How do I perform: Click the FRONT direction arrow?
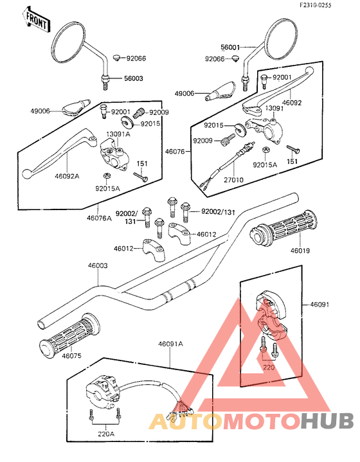point(36,20)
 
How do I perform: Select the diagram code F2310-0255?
point(316,5)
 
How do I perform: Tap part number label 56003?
point(133,78)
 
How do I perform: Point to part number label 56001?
point(230,47)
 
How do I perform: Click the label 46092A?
point(67,176)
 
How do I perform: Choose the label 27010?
point(233,179)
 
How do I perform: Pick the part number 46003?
point(98,265)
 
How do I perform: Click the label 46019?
point(300,251)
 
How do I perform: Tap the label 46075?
point(71,355)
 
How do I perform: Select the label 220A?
point(106,434)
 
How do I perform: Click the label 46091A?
point(170,344)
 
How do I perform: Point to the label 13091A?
point(118,134)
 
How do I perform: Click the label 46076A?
point(100,218)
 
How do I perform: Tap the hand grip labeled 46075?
point(69,335)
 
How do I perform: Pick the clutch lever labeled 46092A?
point(60,154)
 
